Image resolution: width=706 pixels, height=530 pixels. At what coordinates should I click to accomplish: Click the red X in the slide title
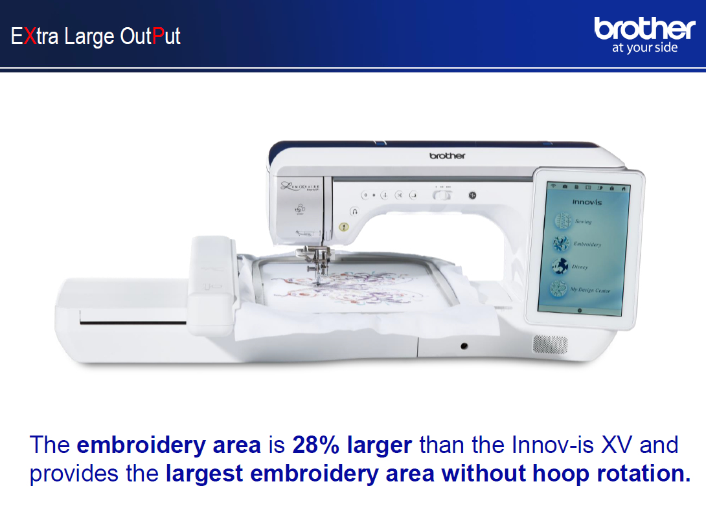28,36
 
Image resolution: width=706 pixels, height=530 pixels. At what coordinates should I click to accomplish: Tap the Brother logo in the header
644,28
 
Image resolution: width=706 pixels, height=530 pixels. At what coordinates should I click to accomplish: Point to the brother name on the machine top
447,156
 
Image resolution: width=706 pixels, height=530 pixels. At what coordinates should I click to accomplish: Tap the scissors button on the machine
400,195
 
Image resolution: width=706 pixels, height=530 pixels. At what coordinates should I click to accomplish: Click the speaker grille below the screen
550,344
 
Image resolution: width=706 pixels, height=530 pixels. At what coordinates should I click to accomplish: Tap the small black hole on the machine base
464,346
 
